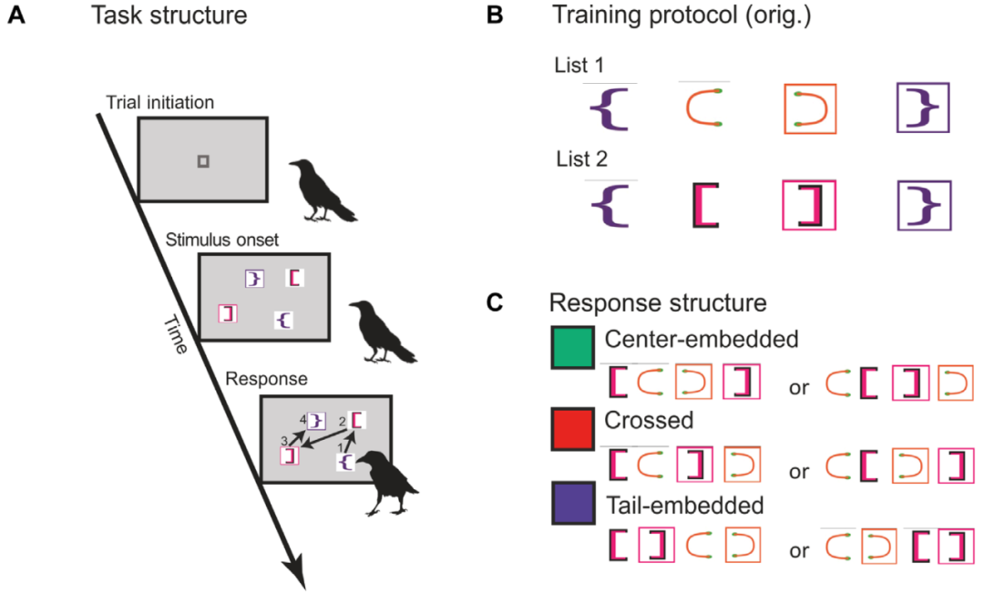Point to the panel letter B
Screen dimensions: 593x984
point(493,15)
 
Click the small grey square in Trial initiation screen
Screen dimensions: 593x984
point(203,161)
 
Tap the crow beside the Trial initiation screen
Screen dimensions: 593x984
point(321,189)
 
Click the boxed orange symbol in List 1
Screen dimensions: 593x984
point(809,109)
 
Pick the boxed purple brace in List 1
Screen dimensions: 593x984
point(923,109)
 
